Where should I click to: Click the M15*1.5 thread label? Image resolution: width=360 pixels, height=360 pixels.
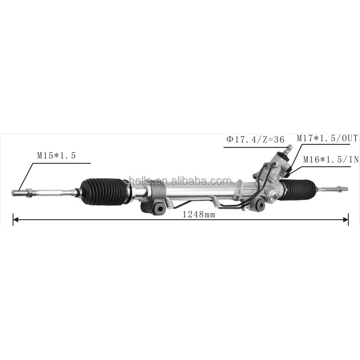point(56,156)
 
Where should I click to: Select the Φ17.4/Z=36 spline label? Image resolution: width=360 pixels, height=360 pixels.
point(255,139)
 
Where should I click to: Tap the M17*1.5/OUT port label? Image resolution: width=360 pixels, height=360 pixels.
point(327,138)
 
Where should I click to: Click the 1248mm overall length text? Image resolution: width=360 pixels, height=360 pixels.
point(199,215)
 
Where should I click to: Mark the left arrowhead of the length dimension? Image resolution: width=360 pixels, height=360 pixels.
point(15,220)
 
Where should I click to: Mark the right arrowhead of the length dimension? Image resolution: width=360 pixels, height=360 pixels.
point(346,220)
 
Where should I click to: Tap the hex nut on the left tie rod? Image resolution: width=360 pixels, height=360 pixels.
point(29,193)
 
